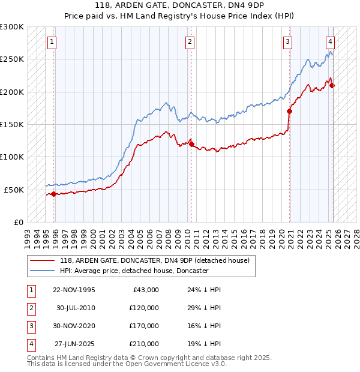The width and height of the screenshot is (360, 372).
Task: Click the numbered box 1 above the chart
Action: [52, 42]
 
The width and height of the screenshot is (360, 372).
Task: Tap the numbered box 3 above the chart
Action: [288, 42]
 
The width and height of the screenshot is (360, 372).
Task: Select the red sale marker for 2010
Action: [191, 144]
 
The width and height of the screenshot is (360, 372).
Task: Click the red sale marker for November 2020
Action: [289, 111]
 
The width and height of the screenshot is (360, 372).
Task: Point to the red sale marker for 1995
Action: [53, 194]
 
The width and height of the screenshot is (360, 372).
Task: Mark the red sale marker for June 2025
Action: [332, 85]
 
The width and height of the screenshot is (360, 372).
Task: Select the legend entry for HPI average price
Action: [134, 271]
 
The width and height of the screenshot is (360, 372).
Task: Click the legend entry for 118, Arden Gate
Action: [158, 260]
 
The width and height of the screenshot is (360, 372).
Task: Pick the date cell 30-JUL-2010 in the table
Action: [76, 308]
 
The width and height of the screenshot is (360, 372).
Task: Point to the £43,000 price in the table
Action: [145, 290]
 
